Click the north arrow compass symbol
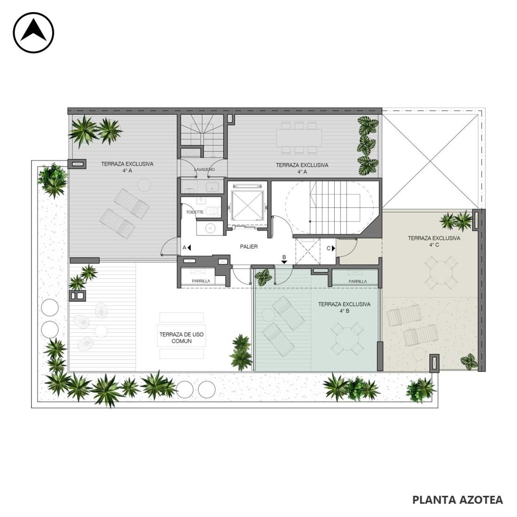33,32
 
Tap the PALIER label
249,247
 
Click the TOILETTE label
195,212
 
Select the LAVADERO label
204,170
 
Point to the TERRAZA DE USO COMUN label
182,337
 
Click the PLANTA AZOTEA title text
458,500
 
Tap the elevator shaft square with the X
247,205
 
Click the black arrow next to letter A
189,247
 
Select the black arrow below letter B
284,262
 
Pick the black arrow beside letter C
333,248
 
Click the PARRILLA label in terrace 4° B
358,282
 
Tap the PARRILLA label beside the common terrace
201,281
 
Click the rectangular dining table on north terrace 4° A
299,138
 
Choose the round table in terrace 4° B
347,338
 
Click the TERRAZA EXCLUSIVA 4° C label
434,242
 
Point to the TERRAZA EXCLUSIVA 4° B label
344,307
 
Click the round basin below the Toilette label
209,228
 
